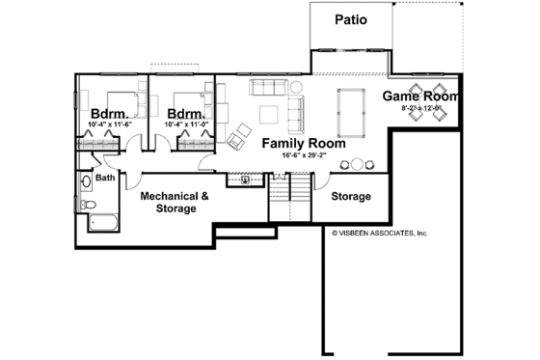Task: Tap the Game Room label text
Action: click(x=419, y=96)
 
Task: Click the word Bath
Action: click(x=105, y=177)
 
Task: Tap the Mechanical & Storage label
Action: click(x=175, y=201)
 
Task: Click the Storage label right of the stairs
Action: click(x=351, y=197)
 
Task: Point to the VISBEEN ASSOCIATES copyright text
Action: click(x=379, y=233)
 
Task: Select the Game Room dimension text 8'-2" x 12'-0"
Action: click(x=420, y=109)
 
